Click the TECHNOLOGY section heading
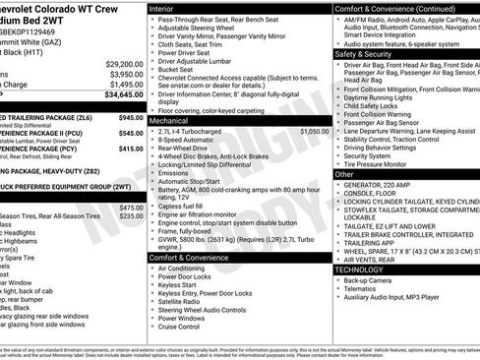360,269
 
